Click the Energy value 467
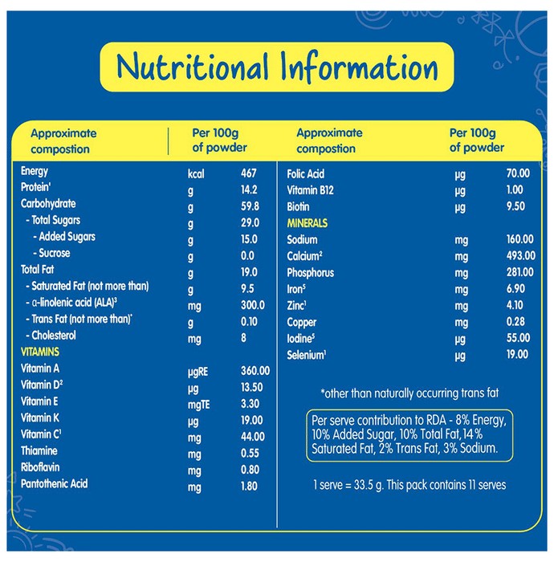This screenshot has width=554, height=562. coord(249,173)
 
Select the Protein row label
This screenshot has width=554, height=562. coord(36,187)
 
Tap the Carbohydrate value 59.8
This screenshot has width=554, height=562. coord(250,206)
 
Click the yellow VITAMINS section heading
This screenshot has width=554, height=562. coord(40,352)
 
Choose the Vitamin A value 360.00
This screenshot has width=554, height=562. coord(255,371)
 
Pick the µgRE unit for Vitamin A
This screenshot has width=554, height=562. coord(198,372)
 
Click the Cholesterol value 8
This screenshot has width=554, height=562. coord(243,338)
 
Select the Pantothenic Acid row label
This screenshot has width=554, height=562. coord(54,484)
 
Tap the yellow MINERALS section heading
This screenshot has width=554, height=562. coord(307,223)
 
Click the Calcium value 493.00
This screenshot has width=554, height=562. coord(521,255)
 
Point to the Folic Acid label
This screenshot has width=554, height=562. coord(306,174)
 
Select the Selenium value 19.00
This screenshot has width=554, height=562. coord(517,355)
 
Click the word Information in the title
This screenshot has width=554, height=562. coord(359,67)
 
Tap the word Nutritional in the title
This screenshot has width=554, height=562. coord(193,67)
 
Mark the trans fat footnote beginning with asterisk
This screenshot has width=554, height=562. coord(409,393)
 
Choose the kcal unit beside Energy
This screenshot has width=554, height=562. coord(196,174)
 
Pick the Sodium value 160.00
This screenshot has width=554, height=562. coord(520,239)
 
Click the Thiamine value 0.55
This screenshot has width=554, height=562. coord(250,453)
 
